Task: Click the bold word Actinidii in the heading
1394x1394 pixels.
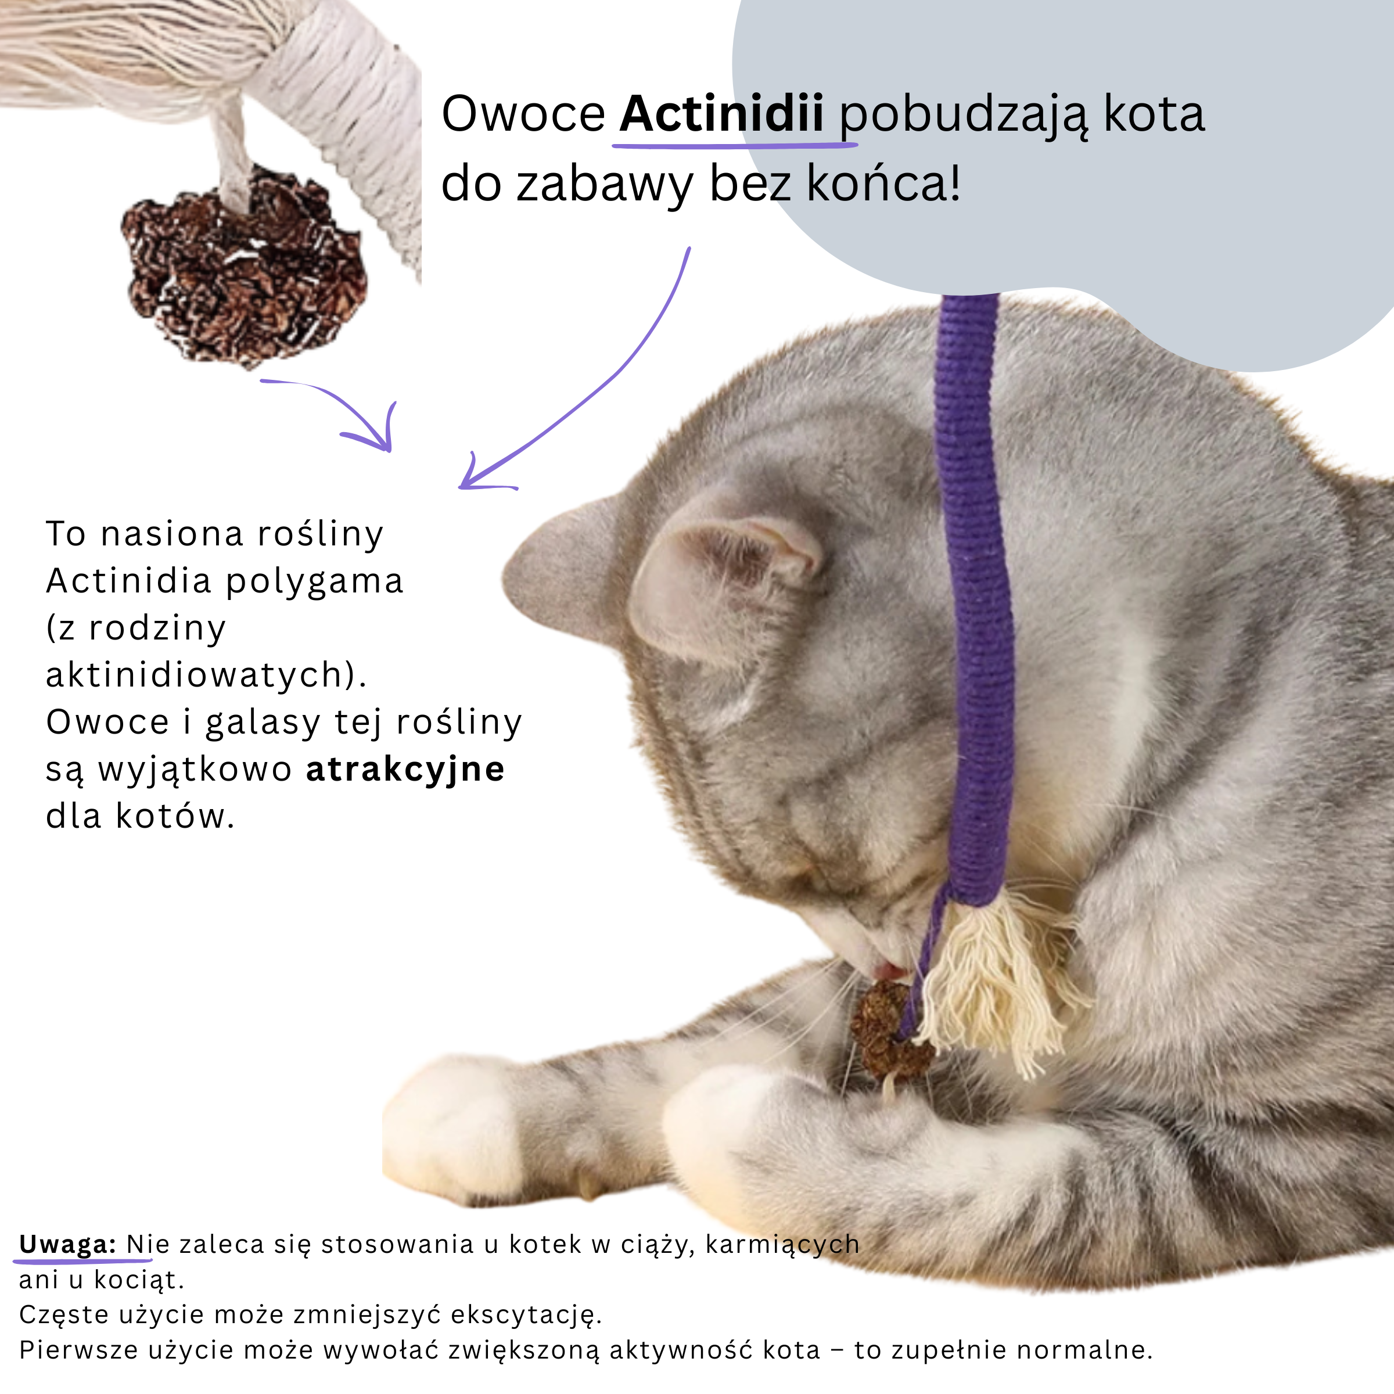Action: [x=721, y=114]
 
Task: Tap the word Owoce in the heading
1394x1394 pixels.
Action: [x=523, y=114]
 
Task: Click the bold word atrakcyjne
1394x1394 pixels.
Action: [x=405, y=769]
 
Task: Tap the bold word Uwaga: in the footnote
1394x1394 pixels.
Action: [x=67, y=1244]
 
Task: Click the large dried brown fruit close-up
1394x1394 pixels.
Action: [x=245, y=267]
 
